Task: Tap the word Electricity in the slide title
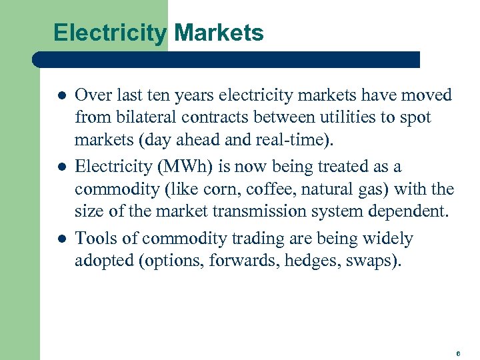point(110,32)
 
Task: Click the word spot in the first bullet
point(415,118)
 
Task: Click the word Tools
point(96,238)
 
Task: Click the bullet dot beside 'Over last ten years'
point(58,95)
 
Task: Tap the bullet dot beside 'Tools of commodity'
point(58,239)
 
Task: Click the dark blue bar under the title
point(227,59)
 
